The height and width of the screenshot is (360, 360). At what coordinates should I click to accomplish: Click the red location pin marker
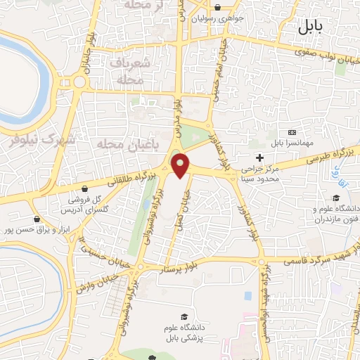click(x=181, y=165)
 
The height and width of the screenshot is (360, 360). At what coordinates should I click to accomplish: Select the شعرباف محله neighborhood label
click(x=129, y=72)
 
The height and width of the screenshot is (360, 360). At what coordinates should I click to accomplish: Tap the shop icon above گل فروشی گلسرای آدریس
click(x=85, y=188)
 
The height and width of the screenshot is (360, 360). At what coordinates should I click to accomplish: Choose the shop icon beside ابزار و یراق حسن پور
click(x=34, y=219)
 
